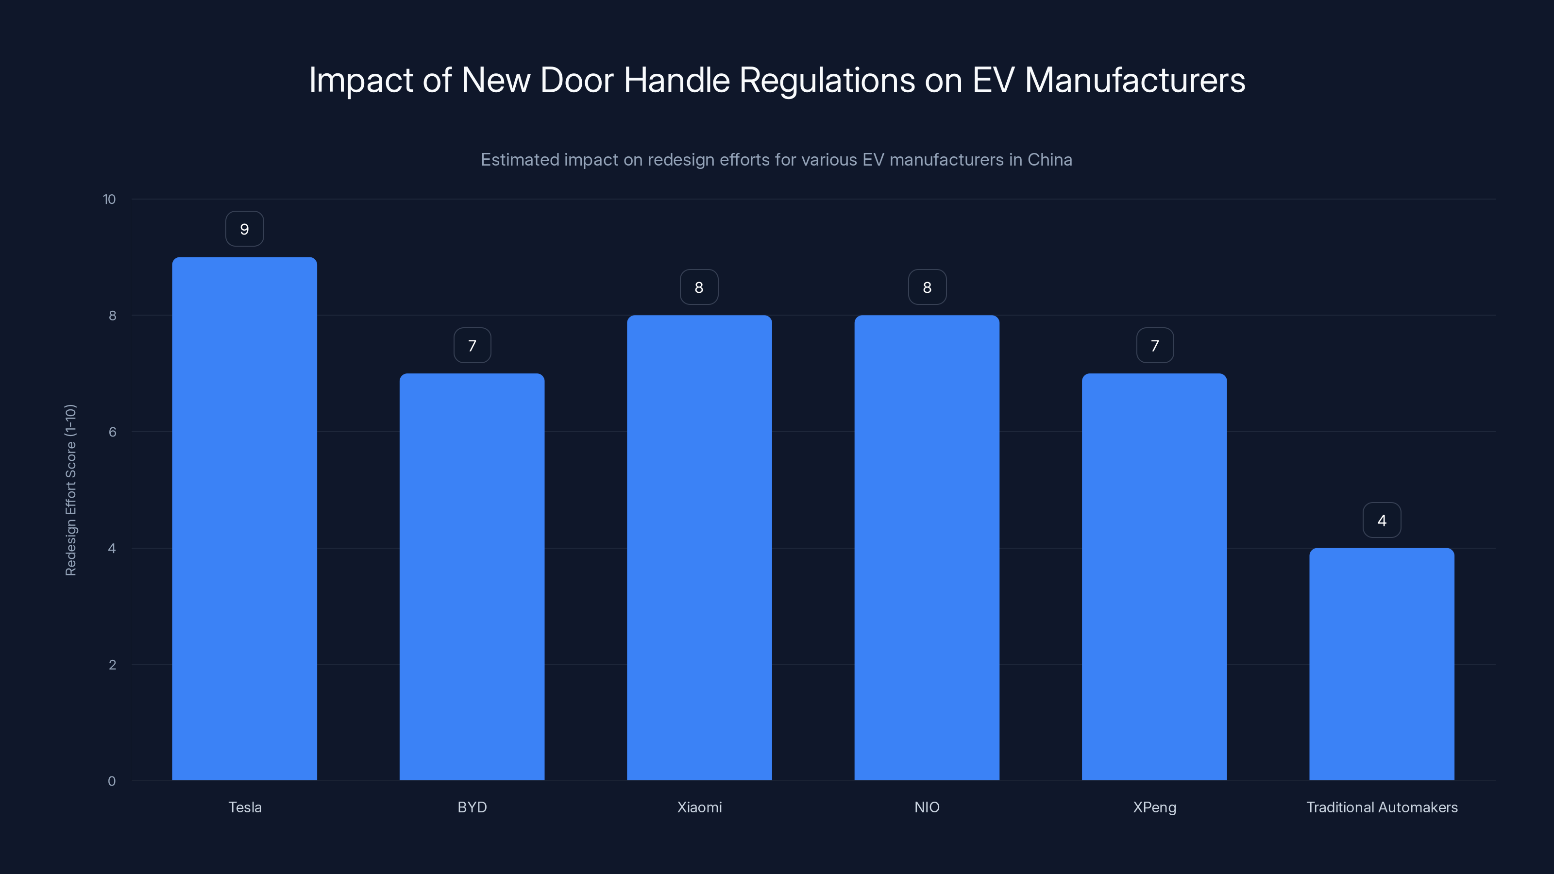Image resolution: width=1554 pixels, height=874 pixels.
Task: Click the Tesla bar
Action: click(244, 519)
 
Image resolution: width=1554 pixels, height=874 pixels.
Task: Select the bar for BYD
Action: click(472, 577)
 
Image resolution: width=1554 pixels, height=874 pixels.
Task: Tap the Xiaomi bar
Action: click(699, 548)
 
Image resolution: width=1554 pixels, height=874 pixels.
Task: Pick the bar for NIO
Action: click(927, 548)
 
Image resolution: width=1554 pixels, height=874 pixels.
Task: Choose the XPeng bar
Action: click(1154, 577)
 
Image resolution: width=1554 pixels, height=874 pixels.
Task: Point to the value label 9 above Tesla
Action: click(244, 229)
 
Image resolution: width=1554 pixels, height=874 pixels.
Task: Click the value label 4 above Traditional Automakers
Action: click(1382, 521)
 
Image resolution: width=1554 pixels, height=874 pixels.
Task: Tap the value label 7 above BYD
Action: click(472, 346)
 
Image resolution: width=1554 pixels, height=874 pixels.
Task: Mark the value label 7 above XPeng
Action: click(1154, 346)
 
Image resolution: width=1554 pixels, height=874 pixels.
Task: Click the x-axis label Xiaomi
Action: click(699, 807)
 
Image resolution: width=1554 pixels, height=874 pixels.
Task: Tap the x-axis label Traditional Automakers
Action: click(1382, 807)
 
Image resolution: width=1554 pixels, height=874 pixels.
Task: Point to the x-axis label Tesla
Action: click(245, 807)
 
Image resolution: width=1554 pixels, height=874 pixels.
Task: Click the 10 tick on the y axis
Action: click(109, 199)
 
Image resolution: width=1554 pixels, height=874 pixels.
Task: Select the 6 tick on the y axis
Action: click(112, 432)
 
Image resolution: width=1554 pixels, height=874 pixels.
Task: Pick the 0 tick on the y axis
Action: click(112, 781)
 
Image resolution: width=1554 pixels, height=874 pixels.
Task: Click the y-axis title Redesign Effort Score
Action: click(70, 490)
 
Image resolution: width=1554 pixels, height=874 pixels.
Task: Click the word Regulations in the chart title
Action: click(827, 80)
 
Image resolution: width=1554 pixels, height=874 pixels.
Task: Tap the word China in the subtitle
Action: click(1049, 160)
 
